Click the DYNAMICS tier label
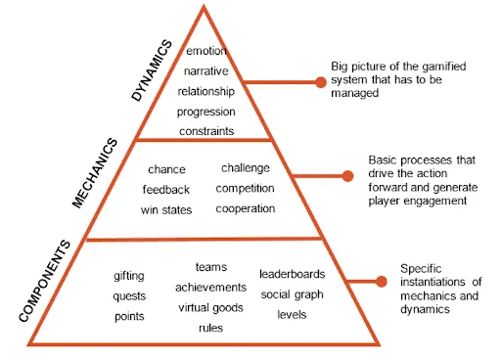pyautogui.click(x=152, y=70)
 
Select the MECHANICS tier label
pyautogui.click(x=96, y=173)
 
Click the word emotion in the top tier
pyautogui.click(x=205, y=51)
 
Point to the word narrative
pyautogui.click(x=205, y=70)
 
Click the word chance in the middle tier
pyautogui.click(x=166, y=169)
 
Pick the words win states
pyautogui.click(x=166, y=209)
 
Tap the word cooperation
pyautogui.click(x=246, y=208)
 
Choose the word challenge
pyautogui.click(x=246, y=167)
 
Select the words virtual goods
pyautogui.click(x=210, y=307)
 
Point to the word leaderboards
pyautogui.click(x=293, y=273)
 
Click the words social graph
pyautogui.click(x=293, y=293)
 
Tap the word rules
pyautogui.click(x=210, y=328)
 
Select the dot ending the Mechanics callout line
pyautogui.click(x=347, y=177)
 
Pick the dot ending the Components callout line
pyautogui.click(x=380, y=282)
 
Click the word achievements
pyautogui.click(x=210, y=287)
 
